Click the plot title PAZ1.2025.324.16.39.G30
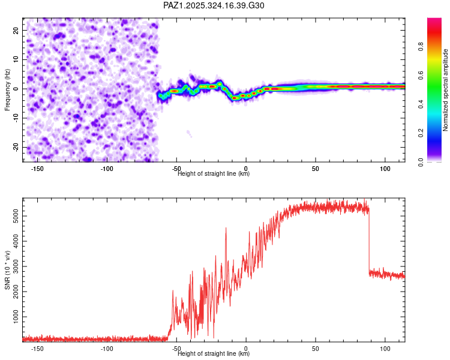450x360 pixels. click(x=214, y=5)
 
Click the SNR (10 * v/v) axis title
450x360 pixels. click(x=7, y=269)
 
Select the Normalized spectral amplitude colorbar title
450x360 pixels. click(x=446, y=91)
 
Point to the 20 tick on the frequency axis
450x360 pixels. click(x=17, y=30)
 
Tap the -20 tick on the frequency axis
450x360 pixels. click(x=16, y=148)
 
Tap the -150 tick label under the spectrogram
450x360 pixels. click(x=38, y=169)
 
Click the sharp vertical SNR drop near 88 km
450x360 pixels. click(x=369, y=240)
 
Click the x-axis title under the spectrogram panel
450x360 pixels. click(x=214, y=174)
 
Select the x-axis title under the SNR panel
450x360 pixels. click(x=214, y=354)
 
